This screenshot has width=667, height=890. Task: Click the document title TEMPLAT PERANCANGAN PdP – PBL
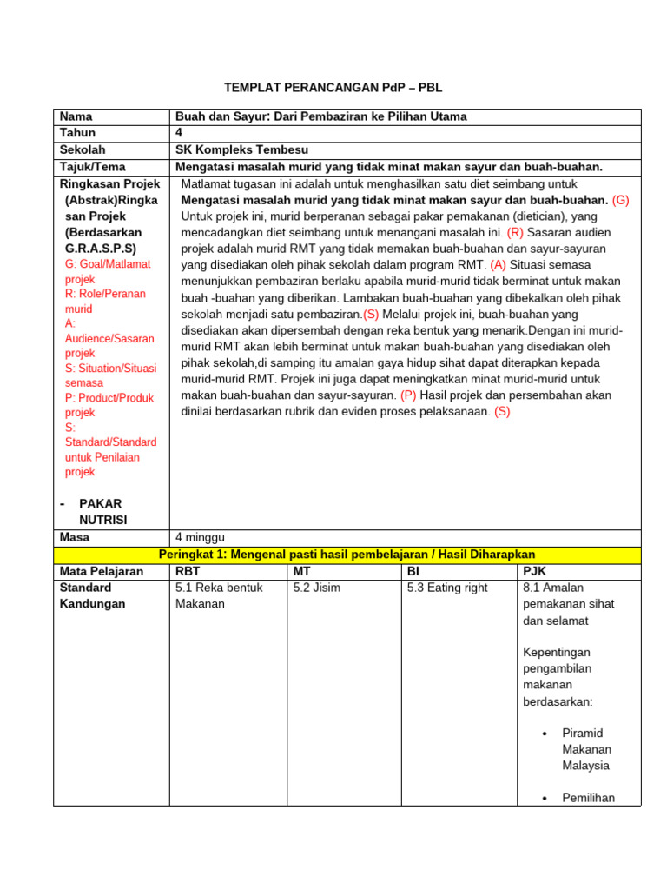click(334, 88)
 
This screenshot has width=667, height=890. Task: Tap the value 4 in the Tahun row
click(179, 133)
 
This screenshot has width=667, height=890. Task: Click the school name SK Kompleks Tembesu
click(241, 149)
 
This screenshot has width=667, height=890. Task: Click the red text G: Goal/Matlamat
click(108, 264)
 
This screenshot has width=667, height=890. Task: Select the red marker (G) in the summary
click(620, 200)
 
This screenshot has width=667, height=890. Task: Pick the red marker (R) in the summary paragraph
click(516, 233)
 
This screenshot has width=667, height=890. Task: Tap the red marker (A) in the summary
click(498, 264)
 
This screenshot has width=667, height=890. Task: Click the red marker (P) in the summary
click(408, 395)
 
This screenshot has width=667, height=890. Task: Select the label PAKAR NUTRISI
click(102, 511)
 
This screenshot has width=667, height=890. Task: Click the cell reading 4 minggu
click(200, 537)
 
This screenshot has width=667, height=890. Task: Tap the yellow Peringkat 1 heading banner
click(347, 554)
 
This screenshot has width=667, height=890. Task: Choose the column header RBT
click(188, 571)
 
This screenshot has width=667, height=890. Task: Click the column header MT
click(302, 571)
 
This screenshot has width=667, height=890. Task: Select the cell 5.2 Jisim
click(316, 588)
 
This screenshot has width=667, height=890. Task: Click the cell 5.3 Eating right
click(447, 588)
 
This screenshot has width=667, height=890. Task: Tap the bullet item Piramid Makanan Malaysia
click(586, 749)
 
